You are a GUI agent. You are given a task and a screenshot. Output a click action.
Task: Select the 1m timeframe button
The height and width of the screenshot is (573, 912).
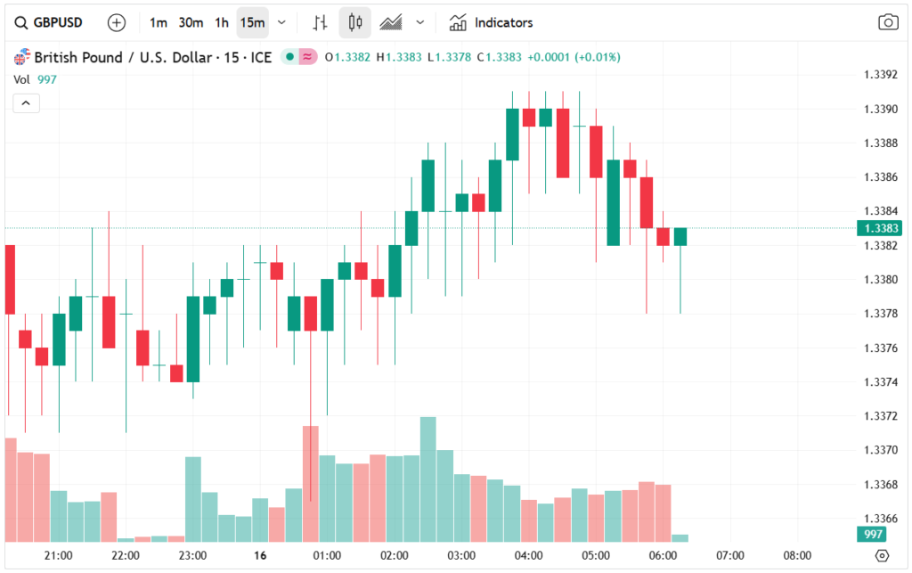coord(159,22)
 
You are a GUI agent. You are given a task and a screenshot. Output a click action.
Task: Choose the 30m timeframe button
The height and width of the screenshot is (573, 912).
coord(191,22)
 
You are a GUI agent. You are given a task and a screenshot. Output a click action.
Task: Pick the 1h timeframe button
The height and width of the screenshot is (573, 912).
coord(222,22)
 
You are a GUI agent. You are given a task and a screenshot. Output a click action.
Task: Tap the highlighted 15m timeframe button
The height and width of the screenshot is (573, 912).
coord(252,22)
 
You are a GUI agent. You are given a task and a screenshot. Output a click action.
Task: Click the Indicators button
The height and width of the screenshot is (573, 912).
coord(492,22)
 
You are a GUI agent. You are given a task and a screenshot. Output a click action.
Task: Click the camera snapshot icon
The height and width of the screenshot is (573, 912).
coord(887,22)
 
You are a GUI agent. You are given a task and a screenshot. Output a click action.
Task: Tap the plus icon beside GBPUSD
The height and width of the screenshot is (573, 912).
coord(117,22)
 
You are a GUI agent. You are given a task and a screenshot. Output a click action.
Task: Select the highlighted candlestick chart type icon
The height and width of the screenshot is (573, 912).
coord(355,22)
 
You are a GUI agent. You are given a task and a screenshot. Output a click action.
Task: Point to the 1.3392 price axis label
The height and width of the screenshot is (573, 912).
coord(880,75)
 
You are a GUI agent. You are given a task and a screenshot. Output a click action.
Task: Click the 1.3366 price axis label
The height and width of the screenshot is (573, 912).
coord(880,519)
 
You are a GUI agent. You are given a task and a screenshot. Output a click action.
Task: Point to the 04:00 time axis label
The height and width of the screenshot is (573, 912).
coord(529,555)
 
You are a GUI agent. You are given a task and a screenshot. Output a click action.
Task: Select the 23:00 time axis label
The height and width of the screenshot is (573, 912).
coord(192,555)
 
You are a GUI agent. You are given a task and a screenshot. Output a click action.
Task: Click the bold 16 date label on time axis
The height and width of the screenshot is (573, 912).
coord(260,555)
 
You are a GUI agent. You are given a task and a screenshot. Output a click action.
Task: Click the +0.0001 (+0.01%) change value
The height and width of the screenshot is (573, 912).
coord(574,57)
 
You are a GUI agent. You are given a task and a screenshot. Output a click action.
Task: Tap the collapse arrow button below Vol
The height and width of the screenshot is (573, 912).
coord(26,103)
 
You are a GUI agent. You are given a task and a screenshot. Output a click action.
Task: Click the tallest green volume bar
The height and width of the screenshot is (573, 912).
coord(428,479)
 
